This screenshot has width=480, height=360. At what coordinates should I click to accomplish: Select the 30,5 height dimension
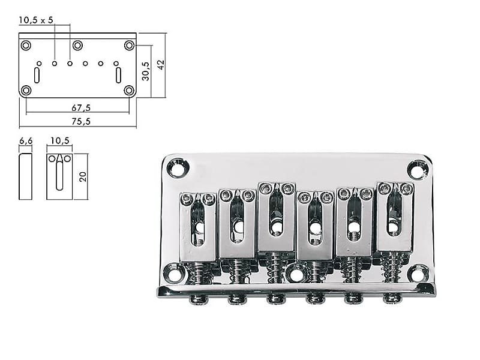point(145,71)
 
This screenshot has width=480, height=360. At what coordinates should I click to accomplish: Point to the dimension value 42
point(161,64)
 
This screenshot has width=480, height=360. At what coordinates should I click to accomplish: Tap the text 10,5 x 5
point(36,20)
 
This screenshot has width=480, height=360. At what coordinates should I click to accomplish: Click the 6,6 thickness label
point(25,140)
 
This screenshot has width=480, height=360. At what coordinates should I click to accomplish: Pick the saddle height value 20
point(83,176)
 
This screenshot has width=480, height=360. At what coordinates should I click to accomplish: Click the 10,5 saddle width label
point(59,140)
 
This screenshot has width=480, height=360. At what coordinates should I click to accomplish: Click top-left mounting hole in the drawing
point(26,46)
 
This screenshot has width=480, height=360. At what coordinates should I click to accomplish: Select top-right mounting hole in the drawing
point(129,46)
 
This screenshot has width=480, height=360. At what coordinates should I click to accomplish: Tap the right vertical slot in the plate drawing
point(118,76)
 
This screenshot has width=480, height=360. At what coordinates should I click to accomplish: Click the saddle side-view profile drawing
point(25,176)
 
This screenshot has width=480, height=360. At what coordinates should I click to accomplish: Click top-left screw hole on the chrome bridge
point(178,167)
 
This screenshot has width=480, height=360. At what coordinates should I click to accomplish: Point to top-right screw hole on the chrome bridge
point(418,169)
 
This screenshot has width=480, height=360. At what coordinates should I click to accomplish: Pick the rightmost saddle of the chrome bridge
point(395,216)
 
